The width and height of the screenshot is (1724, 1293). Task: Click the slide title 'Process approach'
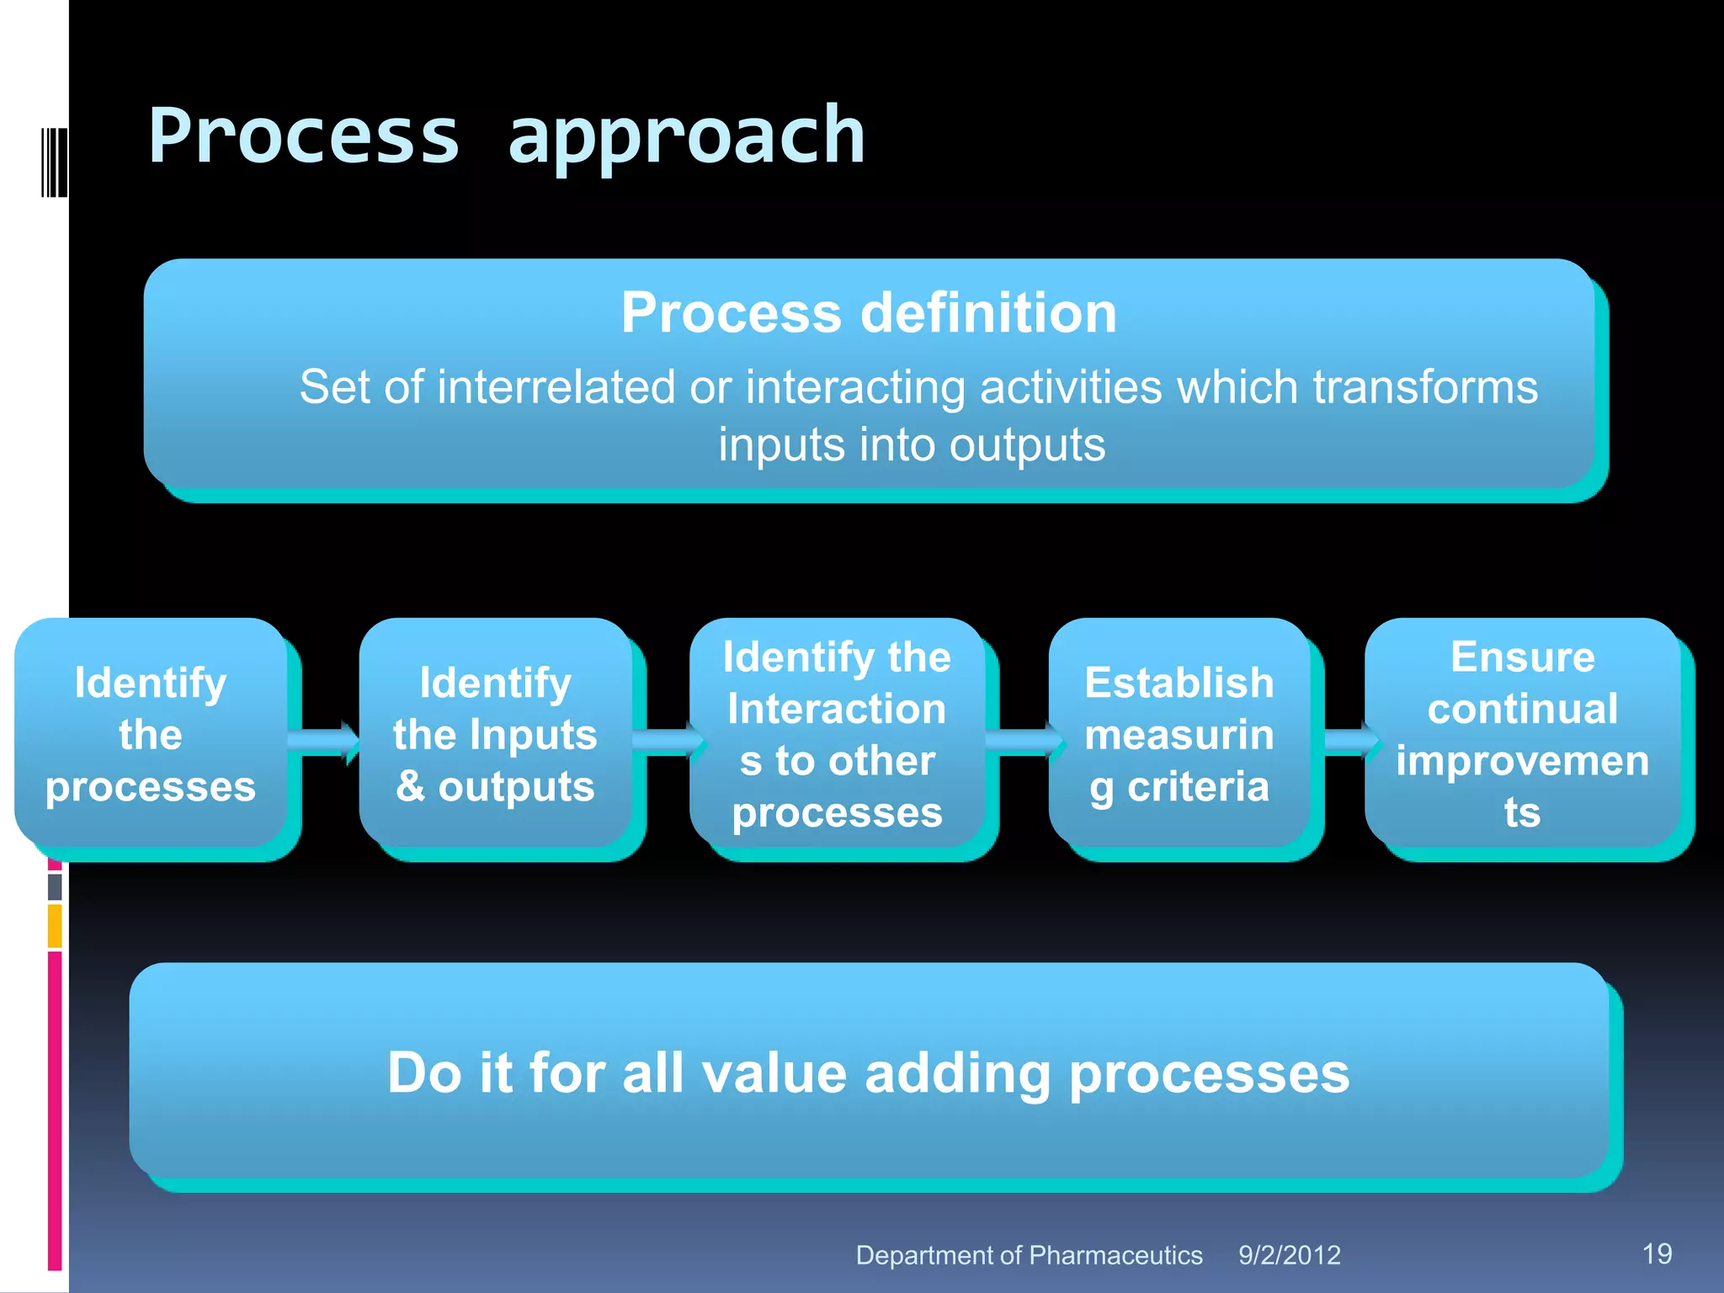point(507,136)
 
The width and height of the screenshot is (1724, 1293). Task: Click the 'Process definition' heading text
point(869,313)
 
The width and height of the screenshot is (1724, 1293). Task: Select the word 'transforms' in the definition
point(1424,388)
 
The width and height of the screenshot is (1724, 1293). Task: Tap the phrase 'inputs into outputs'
point(911,445)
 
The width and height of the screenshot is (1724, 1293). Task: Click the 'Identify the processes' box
point(151,734)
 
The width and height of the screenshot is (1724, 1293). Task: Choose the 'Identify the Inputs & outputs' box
point(495,734)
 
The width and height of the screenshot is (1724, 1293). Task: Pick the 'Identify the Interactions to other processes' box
point(837,734)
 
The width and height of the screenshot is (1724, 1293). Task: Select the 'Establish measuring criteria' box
point(1179,734)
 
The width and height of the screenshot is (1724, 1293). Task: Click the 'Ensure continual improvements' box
point(1522,734)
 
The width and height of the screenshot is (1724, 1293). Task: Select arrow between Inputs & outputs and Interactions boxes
point(668,742)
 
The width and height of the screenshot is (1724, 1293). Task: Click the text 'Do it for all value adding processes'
point(869,1073)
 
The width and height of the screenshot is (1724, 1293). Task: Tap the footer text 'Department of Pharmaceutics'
point(1029,1255)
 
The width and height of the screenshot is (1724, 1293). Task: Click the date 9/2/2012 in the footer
point(1289,1255)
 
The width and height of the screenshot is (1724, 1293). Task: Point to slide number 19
point(1657,1253)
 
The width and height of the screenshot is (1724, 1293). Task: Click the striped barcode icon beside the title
point(54,162)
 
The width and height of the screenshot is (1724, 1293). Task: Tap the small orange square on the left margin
point(55,926)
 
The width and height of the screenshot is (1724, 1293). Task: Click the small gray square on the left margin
point(55,886)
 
